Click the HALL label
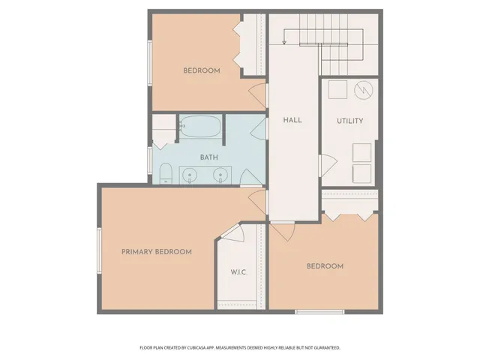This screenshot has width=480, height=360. [292, 120]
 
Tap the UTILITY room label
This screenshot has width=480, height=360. [349, 121]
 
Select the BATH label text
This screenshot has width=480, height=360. [208, 157]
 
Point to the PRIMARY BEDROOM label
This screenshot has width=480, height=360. [157, 252]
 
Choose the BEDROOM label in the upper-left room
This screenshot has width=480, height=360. [202, 70]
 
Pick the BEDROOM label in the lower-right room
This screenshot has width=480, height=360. [325, 266]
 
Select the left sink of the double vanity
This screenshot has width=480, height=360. [190, 175]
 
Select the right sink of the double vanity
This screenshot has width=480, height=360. [220, 175]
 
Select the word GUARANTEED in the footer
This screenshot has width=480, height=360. [325, 348]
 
